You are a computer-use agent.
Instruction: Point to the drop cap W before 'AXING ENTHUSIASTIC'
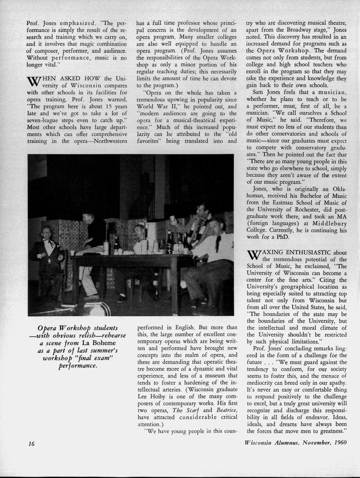[254, 255]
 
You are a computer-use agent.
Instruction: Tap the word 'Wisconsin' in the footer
[259, 442]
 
